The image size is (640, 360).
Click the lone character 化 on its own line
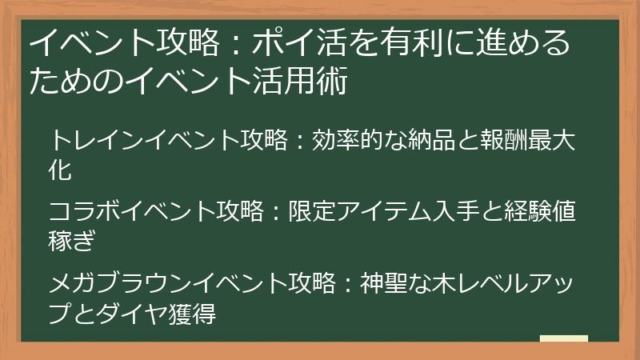[61, 170]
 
